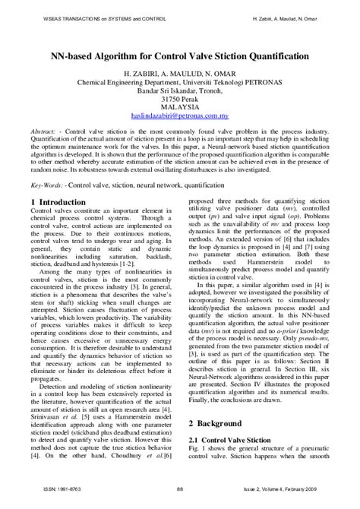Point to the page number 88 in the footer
[x=179, y=499]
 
